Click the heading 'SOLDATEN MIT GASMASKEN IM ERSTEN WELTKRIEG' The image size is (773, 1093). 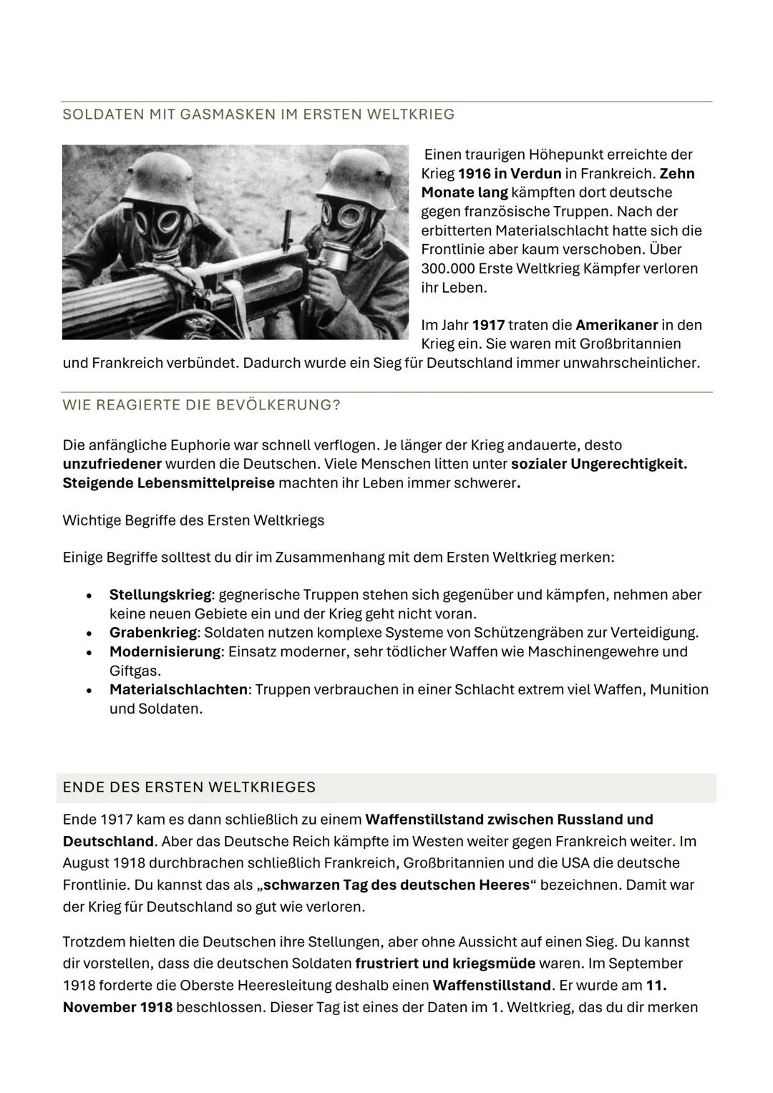(258, 115)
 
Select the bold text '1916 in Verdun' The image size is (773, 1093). (509, 174)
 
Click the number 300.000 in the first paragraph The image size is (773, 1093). (447, 269)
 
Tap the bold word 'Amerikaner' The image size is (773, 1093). (616, 325)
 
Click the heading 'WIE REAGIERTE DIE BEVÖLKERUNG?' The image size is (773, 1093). (201, 405)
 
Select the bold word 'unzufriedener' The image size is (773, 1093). (112, 464)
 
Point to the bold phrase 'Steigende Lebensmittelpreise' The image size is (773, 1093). (168, 483)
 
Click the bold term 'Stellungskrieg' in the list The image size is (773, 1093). (160, 595)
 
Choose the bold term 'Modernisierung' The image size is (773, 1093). (165, 652)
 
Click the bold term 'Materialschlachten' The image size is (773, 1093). (178, 690)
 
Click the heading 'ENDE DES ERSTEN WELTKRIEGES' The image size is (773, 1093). (189, 787)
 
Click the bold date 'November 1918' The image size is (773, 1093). (117, 1008)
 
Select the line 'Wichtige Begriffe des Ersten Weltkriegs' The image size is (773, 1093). (193, 520)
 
